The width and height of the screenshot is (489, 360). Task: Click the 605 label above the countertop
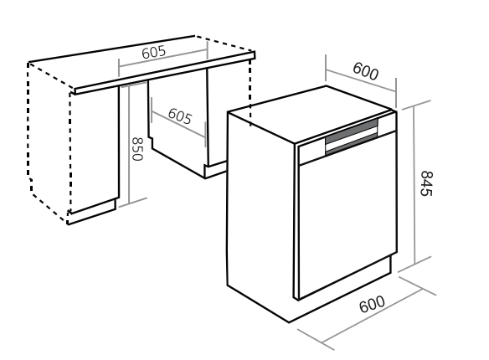pyautogui.click(x=153, y=52)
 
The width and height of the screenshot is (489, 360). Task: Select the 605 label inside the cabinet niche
pyautogui.click(x=180, y=116)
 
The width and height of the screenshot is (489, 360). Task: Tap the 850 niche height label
pyautogui.click(x=137, y=149)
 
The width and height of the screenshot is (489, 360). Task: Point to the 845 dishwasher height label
pyautogui.click(x=426, y=183)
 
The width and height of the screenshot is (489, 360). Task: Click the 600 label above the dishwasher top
pyautogui.click(x=366, y=71)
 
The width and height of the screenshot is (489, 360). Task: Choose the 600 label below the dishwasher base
pyautogui.click(x=372, y=304)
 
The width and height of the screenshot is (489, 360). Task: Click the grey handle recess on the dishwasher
pyautogui.click(x=352, y=137)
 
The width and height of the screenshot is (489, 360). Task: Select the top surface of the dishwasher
pyautogui.click(x=311, y=114)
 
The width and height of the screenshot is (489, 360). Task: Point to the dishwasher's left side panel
pyautogui.click(x=260, y=215)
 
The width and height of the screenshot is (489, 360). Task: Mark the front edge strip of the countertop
pyautogui.click(x=165, y=73)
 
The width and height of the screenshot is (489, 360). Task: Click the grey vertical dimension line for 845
pyautogui.click(x=414, y=185)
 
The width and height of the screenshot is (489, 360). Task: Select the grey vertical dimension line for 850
pyautogui.click(x=128, y=147)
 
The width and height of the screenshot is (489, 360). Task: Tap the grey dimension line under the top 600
pyautogui.click(x=361, y=81)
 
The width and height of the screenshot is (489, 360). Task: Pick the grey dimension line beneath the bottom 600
pyautogui.click(x=372, y=315)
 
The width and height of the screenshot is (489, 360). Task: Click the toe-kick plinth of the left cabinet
pyautogui.click(x=92, y=211)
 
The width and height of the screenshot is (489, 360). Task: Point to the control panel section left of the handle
pyautogui.click(x=311, y=152)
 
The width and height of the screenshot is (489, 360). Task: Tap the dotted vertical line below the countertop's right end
pyautogui.click(x=250, y=93)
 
